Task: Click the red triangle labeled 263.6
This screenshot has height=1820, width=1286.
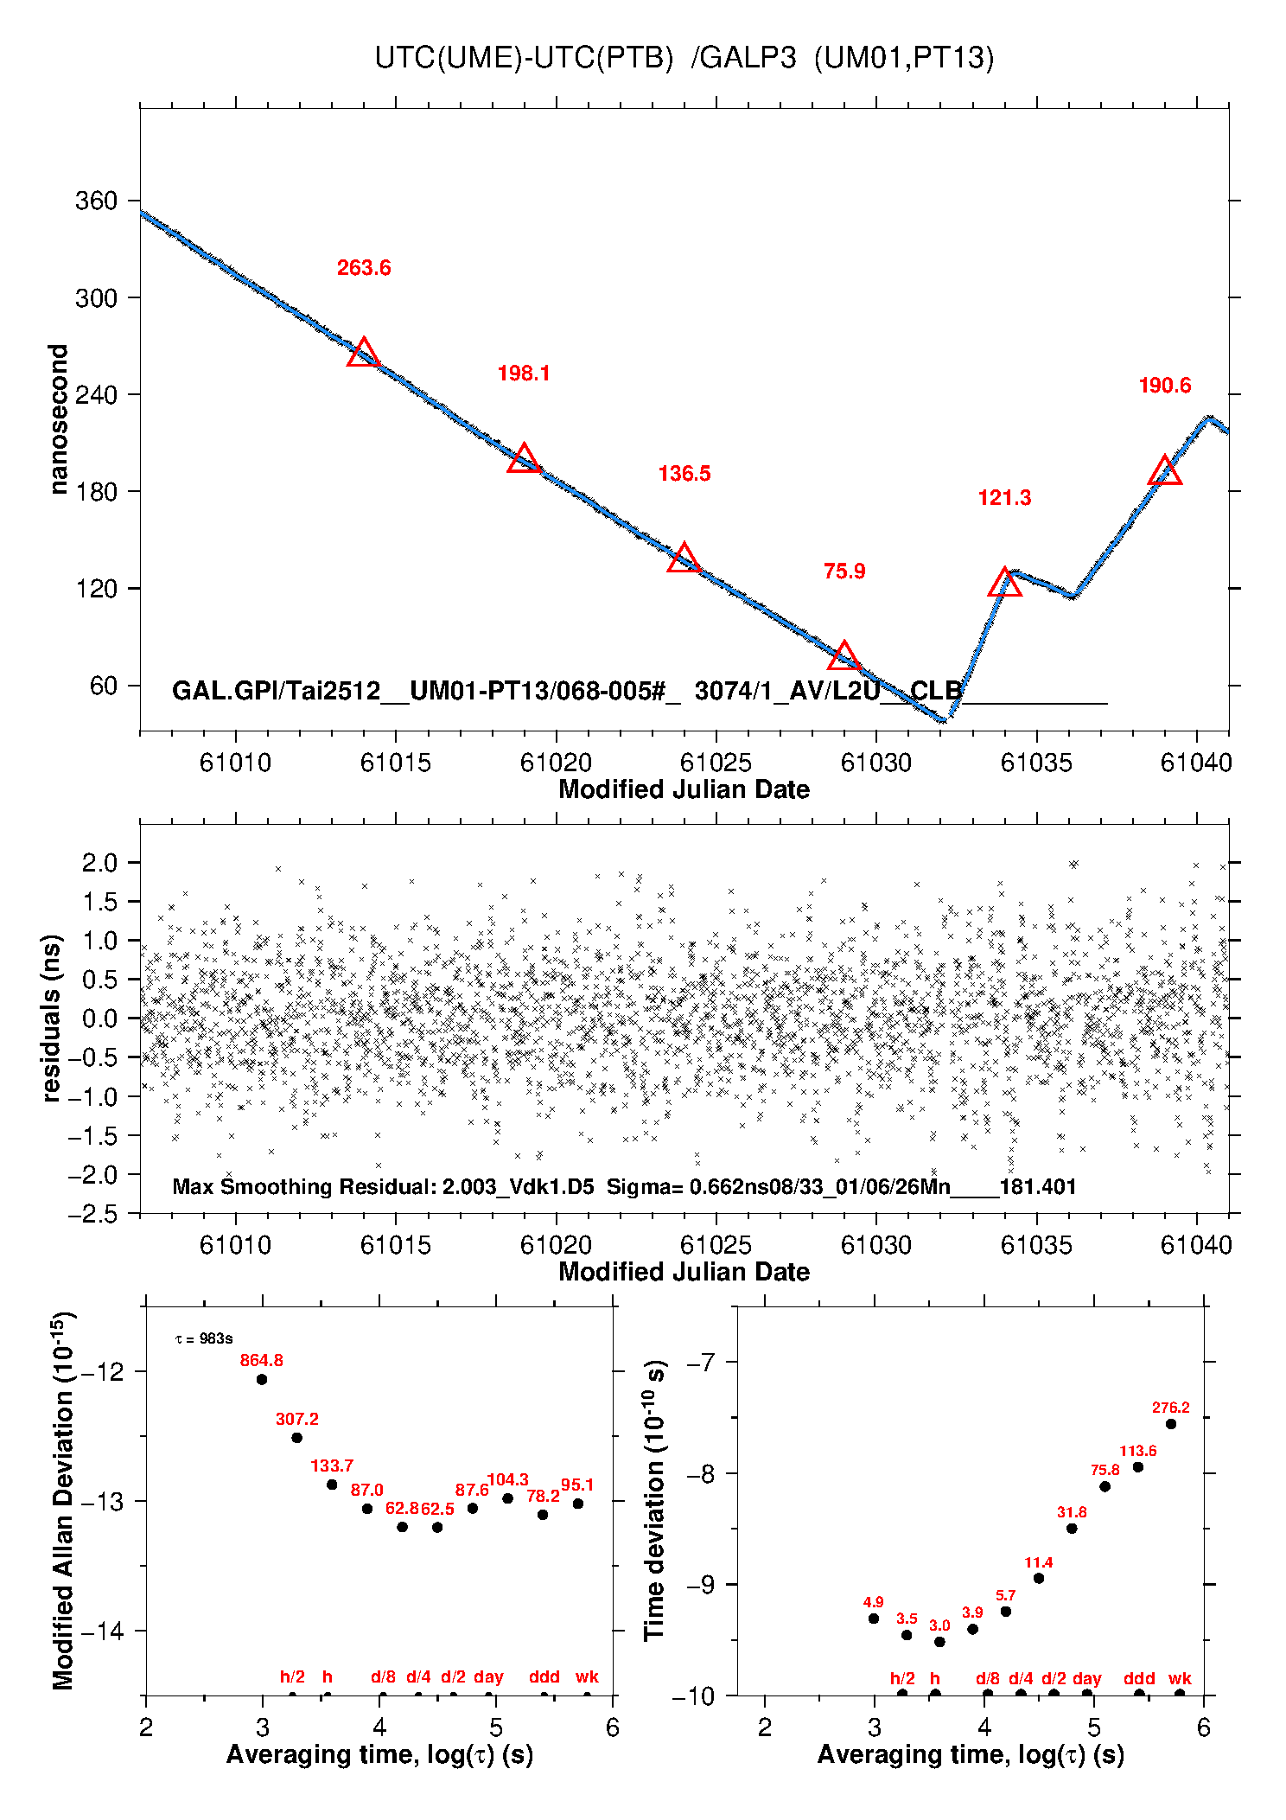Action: tap(363, 353)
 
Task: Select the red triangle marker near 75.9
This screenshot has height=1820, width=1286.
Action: tap(844, 656)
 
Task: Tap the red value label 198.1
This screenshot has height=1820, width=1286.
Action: tap(524, 374)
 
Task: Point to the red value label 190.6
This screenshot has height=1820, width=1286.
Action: tap(1164, 386)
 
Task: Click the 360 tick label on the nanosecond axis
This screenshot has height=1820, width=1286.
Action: tap(96, 201)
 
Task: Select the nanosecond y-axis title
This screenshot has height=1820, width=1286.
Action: tap(58, 419)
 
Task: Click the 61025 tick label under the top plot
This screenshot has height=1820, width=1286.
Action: tap(716, 763)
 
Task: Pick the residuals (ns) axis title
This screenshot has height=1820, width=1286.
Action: tap(52, 1018)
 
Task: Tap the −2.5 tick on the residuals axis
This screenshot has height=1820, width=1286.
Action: tap(94, 1214)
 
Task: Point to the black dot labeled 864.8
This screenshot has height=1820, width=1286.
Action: tap(262, 1379)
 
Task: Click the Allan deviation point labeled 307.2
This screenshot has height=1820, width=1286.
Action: tap(296, 1438)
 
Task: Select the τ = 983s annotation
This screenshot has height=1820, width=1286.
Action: tap(204, 1339)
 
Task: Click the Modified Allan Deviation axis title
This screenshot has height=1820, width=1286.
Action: tap(62, 1501)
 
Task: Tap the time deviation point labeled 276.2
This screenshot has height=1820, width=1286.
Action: tap(1171, 1424)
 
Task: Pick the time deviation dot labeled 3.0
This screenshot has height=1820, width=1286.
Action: tap(939, 1642)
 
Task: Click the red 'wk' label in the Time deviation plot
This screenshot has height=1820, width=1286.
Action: tap(1180, 1678)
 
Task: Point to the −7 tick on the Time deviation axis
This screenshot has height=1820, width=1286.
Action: tap(700, 1363)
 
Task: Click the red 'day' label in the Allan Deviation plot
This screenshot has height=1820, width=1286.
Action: tap(488, 1676)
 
